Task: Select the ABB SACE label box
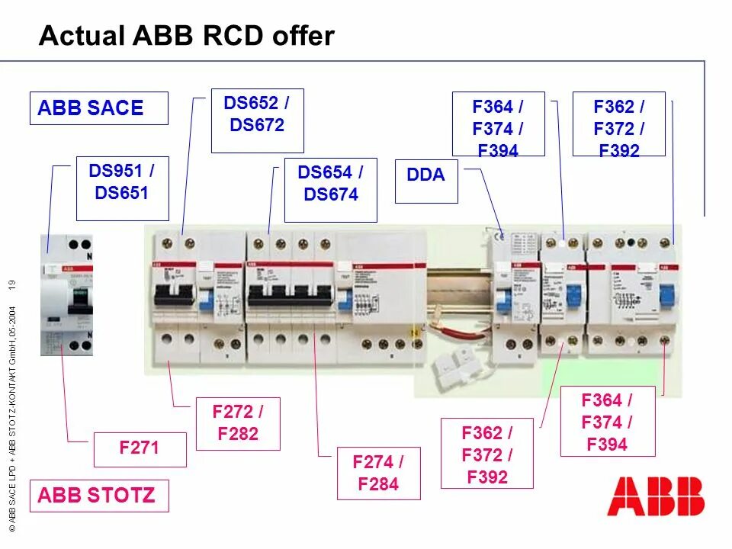(x=98, y=108)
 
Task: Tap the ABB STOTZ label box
(x=98, y=496)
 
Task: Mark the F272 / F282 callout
(x=238, y=423)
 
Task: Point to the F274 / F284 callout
(x=378, y=473)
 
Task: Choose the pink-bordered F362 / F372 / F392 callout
(x=486, y=455)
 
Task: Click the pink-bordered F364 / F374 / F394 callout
(x=607, y=422)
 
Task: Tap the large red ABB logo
(x=655, y=496)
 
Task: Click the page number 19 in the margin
(x=12, y=285)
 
